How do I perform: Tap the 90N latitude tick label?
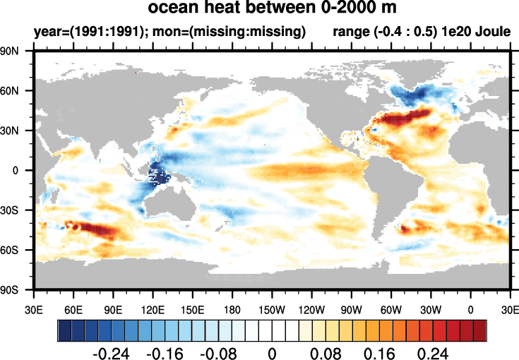tap(16, 52)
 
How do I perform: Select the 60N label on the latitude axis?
tap(16, 91)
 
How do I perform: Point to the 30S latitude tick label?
tap(16, 210)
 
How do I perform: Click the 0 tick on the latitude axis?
tap(22, 170)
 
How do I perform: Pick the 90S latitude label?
tap(16, 289)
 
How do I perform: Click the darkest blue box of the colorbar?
tap(64, 330)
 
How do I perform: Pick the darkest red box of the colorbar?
tap(480, 330)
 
